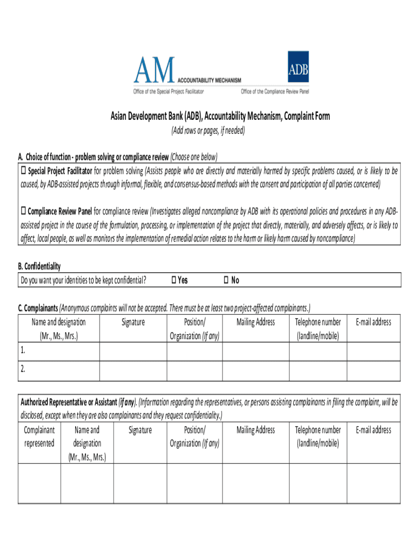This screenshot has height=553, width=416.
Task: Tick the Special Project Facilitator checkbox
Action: (x=23, y=171)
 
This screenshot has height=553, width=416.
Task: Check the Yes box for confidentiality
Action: (x=173, y=280)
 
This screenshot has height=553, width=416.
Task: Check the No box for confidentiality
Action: (x=226, y=280)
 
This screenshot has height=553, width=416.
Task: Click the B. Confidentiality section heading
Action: (x=39, y=266)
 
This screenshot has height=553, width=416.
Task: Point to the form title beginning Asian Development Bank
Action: (x=220, y=117)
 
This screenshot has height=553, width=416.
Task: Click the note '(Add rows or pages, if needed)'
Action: (x=208, y=131)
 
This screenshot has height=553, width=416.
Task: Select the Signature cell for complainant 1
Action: (x=133, y=352)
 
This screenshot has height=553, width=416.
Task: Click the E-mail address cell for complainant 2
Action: (x=373, y=371)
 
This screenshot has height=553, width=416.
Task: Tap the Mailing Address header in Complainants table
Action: (x=256, y=322)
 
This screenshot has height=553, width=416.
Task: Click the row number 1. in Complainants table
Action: (x=23, y=350)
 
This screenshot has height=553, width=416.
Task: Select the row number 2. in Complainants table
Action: (x=23, y=370)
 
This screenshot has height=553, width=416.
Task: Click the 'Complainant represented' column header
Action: (x=39, y=436)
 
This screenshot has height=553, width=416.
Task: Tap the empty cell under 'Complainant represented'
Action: (x=39, y=483)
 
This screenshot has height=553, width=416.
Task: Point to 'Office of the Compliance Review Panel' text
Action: (x=275, y=92)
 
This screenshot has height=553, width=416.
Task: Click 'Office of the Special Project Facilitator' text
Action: (x=169, y=92)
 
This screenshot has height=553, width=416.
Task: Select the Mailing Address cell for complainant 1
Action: (x=256, y=352)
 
